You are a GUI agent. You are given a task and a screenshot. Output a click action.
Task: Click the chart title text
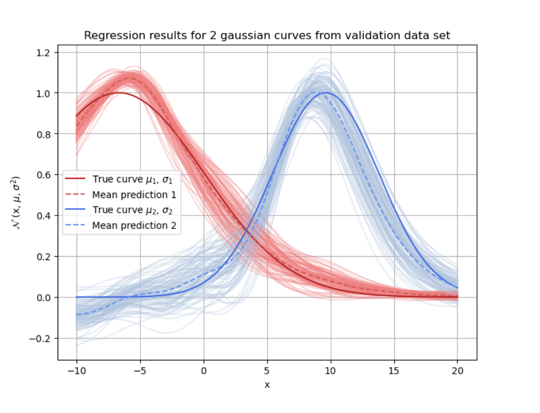point(267,35)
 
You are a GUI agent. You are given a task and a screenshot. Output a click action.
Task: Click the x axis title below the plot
point(267,385)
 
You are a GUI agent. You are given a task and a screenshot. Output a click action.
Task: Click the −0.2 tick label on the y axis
point(41,339)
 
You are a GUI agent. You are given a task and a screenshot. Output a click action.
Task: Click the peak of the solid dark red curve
point(120,93)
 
